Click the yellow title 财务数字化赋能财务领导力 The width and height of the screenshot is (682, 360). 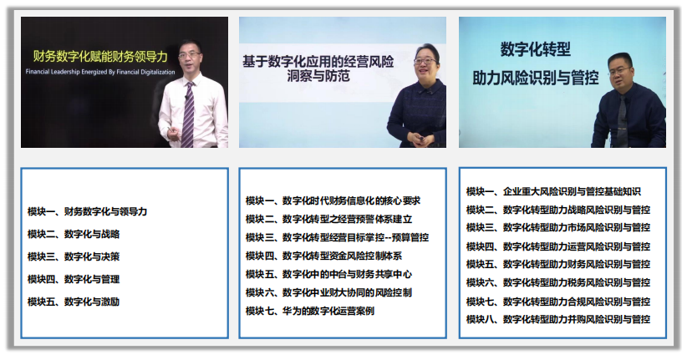(100, 57)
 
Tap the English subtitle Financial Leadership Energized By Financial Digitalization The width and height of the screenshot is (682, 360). (100, 72)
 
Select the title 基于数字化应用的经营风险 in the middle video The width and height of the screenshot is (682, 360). (318, 62)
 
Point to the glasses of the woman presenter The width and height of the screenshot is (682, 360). (425, 61)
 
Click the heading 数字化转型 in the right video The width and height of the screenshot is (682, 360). (536, 49)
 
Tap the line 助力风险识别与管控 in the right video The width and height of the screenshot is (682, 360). (536, 78)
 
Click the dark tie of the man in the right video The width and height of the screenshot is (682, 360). (622, 119)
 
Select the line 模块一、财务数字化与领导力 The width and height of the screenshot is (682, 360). (88, 211)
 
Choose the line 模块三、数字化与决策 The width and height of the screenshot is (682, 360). (74, 256)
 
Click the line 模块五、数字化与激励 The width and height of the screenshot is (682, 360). (74, 302)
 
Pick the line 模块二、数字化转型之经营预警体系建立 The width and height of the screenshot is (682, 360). (328, 219)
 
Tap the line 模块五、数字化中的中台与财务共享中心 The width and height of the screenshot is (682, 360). (328, 274)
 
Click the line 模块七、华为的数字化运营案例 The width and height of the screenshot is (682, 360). (310, 311)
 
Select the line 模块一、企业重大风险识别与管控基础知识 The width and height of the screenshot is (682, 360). (553, 192)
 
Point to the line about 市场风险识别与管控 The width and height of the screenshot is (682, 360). (558, 227)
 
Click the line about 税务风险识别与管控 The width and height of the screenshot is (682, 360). (558, 282)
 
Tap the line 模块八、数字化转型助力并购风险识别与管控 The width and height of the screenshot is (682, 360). (558, 320)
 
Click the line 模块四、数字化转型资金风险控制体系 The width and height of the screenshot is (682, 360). (324, 256)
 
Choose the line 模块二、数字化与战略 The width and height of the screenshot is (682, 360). (74, 235)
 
